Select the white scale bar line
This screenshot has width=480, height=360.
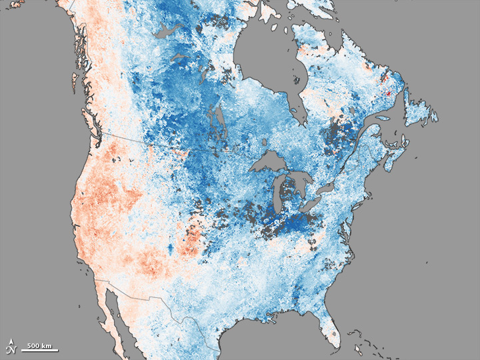41,350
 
